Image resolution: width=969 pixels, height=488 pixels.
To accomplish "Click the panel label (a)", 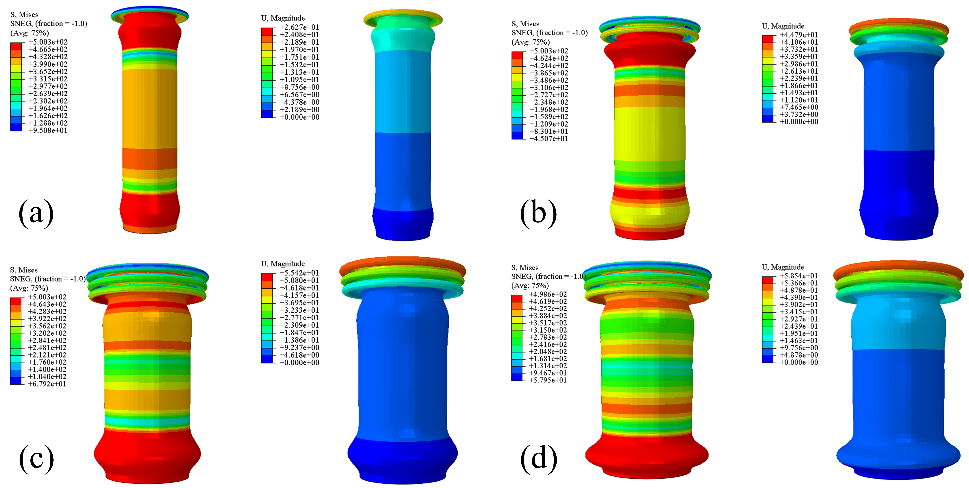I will click(36, 214).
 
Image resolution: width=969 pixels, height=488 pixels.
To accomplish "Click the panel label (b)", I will click(538, 214).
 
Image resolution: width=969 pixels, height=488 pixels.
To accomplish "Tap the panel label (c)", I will click(36, 459).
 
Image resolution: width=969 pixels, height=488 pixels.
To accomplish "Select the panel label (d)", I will click(538, 459).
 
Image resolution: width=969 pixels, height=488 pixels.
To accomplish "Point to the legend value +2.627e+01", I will click(299, 27).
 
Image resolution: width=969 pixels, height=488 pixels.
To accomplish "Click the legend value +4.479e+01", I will click(799, 35).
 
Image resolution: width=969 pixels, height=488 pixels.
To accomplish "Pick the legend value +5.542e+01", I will click(299, 273).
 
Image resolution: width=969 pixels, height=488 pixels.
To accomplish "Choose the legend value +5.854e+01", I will click(799, 276).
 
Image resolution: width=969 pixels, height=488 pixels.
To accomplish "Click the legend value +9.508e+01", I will click(48, 130).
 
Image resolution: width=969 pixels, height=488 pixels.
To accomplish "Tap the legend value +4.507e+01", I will click(549, 139).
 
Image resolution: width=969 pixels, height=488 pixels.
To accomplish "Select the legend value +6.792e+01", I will click(47, 384).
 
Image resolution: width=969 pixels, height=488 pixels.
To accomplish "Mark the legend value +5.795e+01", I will click(548, 380).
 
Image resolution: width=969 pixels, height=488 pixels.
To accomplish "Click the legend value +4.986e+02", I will click(548, 294).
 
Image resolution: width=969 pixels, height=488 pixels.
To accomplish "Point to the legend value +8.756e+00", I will click(299, 87).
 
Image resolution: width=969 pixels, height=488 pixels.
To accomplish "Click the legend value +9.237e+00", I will click(299, 347).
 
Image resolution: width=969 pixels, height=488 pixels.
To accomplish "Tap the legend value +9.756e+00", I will click(799, 347).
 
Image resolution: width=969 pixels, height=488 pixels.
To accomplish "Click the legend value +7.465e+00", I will click(799, 107).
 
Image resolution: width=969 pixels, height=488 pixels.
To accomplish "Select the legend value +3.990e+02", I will click(48, 64).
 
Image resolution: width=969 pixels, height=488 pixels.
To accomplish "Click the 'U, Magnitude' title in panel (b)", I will click(783, 26).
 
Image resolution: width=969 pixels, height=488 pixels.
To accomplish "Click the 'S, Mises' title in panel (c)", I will click(24, 270).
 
